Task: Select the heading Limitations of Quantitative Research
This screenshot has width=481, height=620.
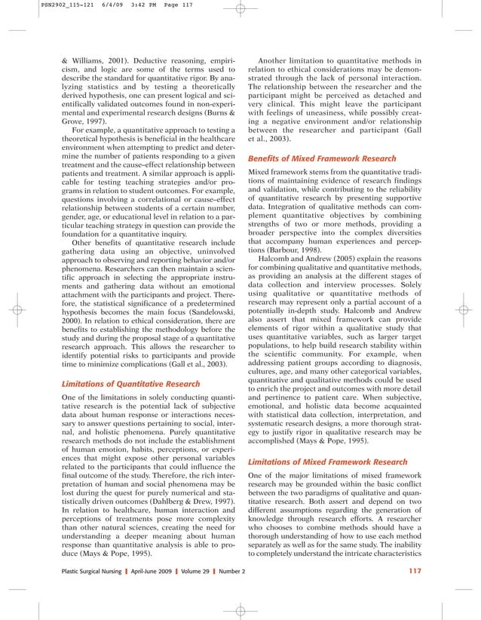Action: [131, 385]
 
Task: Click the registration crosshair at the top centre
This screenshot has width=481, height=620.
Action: [240, 11]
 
